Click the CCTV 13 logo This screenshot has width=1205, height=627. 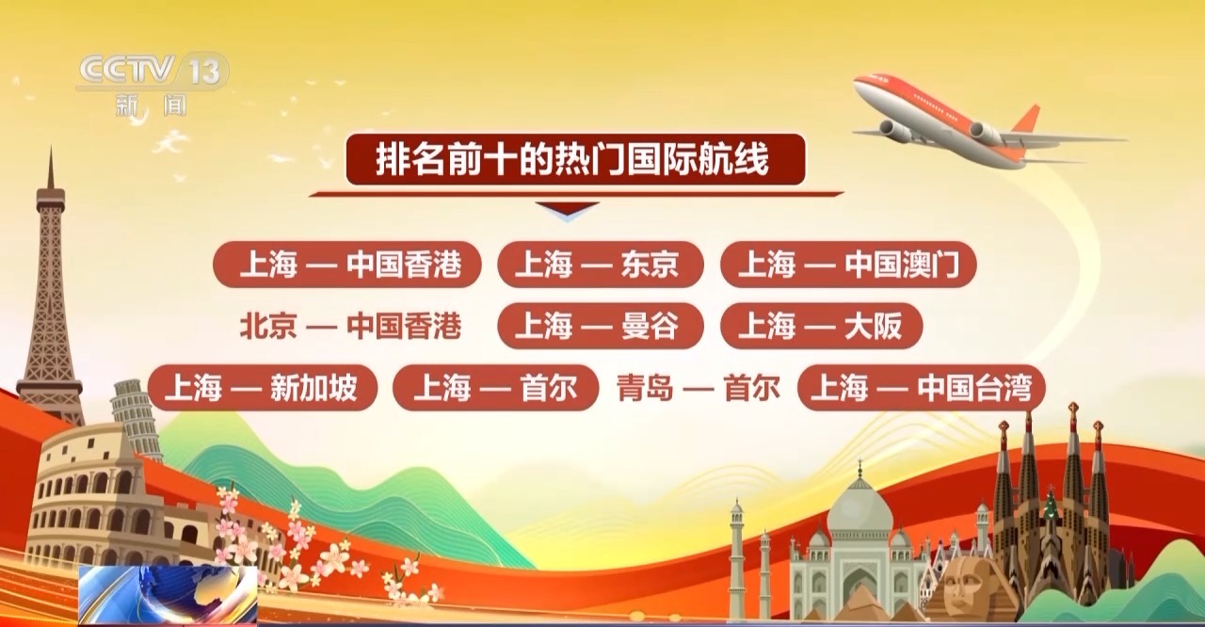click(153, 84)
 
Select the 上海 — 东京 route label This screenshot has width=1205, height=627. click(601, 264)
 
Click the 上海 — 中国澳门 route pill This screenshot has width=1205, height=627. click(848, 264)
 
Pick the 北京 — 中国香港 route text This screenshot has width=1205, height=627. click(351, 326)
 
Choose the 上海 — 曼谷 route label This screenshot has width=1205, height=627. click(601, 326)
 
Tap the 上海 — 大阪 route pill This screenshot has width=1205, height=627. click(822, 326)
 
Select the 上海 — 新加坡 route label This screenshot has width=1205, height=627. click(263, 388)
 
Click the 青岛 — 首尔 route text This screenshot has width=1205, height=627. click(699, 388)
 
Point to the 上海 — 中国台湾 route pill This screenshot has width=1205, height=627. click(922, 388)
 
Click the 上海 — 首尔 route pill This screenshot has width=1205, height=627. click(495, 388)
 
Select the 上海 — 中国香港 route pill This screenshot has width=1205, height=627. click(347, 264)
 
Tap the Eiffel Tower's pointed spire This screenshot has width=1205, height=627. click(51, 167)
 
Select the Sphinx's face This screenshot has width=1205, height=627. click(963, 583)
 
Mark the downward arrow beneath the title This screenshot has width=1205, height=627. click(568, 210)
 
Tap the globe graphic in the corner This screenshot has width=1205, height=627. click(168, 595)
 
